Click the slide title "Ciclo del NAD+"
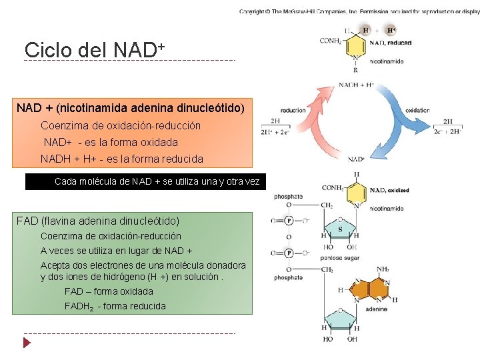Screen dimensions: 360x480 tap(94, 49)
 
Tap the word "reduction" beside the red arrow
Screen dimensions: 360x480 tap(293, 110)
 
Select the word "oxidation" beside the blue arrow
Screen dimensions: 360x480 tap(417, 110)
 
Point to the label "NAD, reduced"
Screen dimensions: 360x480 tap(391, 43)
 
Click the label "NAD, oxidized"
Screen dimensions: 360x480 tap(390, 191)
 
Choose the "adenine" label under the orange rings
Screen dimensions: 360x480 tap(376, 309)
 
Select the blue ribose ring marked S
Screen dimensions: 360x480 tap(340, 228)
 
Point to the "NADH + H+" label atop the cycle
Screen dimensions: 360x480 tap(356, 85)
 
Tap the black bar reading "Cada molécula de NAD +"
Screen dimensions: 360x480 tap(145, 181)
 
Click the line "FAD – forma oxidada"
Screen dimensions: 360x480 tap(109, 291)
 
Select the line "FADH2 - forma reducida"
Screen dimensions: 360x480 tap(115, 306)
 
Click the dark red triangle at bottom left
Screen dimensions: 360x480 tap(27, 343)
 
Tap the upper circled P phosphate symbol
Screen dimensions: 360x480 tap(289, 221)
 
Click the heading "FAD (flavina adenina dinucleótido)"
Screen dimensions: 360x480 tap(98, 221)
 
